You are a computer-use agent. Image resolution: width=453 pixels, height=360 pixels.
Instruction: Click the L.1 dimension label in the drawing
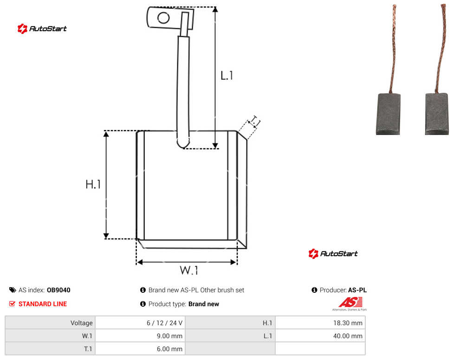[x=226, y=76]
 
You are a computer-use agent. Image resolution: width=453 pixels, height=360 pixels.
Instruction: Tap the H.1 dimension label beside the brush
[x=93, y=184]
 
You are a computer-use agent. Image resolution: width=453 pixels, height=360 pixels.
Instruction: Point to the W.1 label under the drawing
[x=189, y=270]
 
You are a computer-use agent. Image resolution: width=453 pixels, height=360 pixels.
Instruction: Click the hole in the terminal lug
[x=163, y=18]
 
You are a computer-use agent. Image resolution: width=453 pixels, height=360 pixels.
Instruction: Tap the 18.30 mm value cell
[x=320, y=323]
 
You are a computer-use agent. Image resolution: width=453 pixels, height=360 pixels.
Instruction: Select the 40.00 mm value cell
[x=320, y=336]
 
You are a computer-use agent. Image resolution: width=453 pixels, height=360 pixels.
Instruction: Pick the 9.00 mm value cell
[x=140, y=336]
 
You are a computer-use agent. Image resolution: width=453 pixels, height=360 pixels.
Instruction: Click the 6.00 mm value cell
[x=140, y=349]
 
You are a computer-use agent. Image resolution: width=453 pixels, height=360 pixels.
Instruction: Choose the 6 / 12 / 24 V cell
[x=140, y=323]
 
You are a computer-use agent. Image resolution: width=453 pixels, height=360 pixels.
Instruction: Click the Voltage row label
[x=82, y=323]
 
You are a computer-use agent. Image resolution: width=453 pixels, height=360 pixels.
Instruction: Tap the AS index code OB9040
[x=58, y=290]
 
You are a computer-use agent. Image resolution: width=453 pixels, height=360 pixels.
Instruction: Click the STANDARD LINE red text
[x=43, y=304]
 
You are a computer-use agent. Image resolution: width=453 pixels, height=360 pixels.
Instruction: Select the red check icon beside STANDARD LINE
[x=12, y=304]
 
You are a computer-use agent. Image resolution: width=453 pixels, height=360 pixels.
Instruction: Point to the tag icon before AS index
[x=13, y=290]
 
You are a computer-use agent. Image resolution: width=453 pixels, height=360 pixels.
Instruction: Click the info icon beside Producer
[x=314, y=290]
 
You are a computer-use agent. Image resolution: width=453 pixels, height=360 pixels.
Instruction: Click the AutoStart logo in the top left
[x=42, y=29]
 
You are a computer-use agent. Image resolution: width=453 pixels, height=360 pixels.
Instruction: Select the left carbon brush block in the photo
[x=388, y=114]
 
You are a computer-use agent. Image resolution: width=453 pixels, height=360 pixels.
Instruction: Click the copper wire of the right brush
[x=441, y=49]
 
